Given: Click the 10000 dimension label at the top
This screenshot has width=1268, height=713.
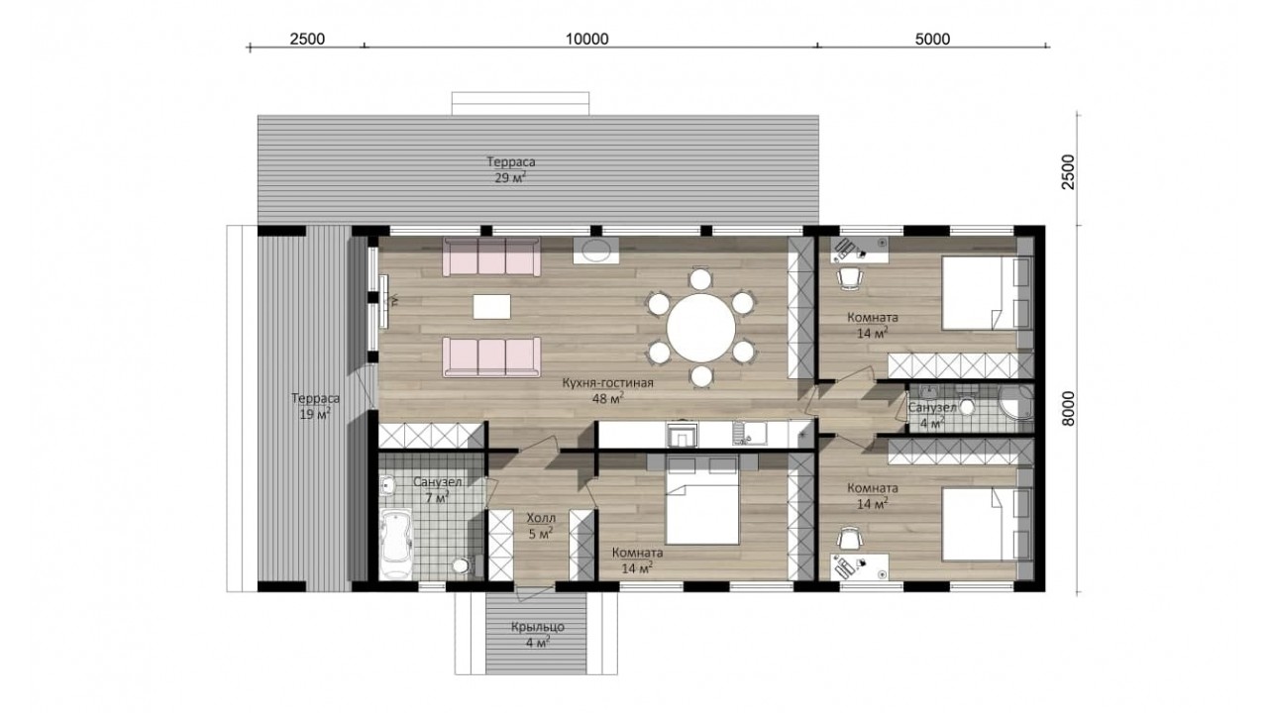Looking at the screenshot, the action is click(587, 39).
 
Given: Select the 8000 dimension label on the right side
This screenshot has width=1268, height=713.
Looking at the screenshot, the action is click(1068, 409).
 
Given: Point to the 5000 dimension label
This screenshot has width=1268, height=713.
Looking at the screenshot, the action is click(932, 39).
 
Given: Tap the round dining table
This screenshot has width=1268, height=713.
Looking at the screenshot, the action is click(700, 328).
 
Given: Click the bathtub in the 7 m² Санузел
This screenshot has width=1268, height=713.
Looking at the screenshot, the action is click(395, 544).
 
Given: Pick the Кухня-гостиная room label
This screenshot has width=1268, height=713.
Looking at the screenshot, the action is click(608, 383).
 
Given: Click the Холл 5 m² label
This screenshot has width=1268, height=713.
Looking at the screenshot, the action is click(541, 526).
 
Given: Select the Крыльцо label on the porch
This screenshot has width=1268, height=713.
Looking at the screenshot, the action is click(538, 627).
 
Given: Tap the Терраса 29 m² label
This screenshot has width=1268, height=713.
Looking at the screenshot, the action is click(510, 169).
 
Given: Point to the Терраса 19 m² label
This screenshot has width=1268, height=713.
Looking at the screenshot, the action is click(315, 406).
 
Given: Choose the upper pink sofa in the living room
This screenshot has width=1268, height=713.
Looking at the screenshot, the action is click(490, 256).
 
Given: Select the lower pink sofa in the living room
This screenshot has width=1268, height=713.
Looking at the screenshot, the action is click(490, 356).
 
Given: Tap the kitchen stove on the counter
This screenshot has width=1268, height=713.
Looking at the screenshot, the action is click(683, 435).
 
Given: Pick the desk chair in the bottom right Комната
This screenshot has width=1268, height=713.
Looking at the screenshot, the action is click(849, 539).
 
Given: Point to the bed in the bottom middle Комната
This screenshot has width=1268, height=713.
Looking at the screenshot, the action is click(702, 508).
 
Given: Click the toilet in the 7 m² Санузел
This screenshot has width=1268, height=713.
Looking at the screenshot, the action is click(464, 565).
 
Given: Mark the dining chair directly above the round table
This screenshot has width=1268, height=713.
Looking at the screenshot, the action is click(700, 278).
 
